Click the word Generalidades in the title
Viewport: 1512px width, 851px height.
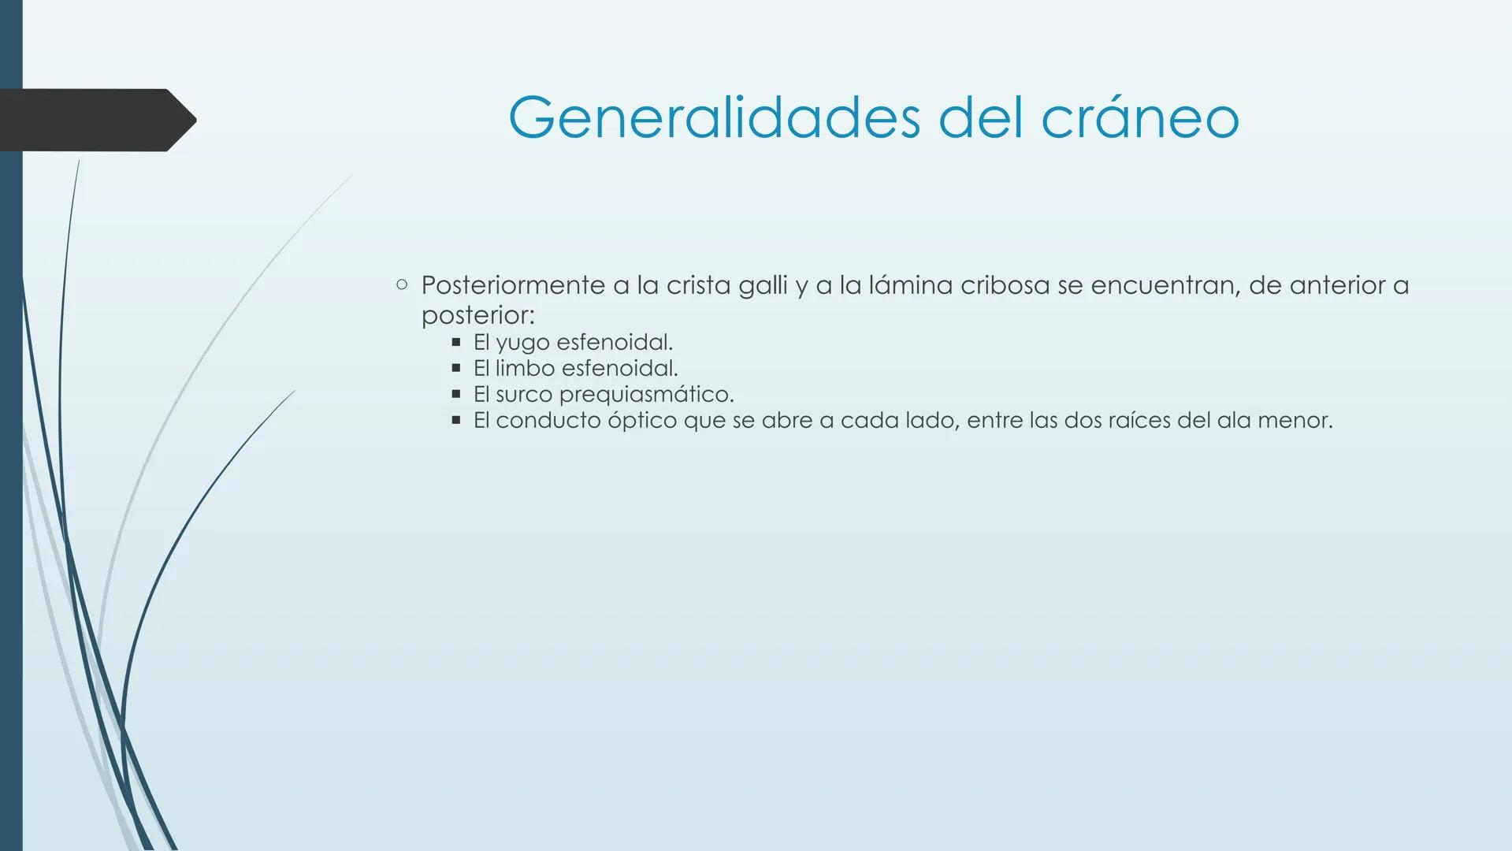714,118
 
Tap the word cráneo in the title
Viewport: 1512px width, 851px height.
1140,118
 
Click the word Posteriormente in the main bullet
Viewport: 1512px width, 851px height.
513,285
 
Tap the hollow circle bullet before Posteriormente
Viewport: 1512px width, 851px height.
402,284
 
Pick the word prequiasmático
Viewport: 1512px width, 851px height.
646,395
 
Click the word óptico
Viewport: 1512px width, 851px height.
641,421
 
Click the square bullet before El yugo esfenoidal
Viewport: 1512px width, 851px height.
455,343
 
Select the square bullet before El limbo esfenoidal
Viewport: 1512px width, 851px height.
455,368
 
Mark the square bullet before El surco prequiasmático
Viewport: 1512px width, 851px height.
455,394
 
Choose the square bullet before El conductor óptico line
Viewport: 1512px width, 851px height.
455,420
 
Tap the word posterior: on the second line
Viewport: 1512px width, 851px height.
477,316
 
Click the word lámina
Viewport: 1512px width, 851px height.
910,285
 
